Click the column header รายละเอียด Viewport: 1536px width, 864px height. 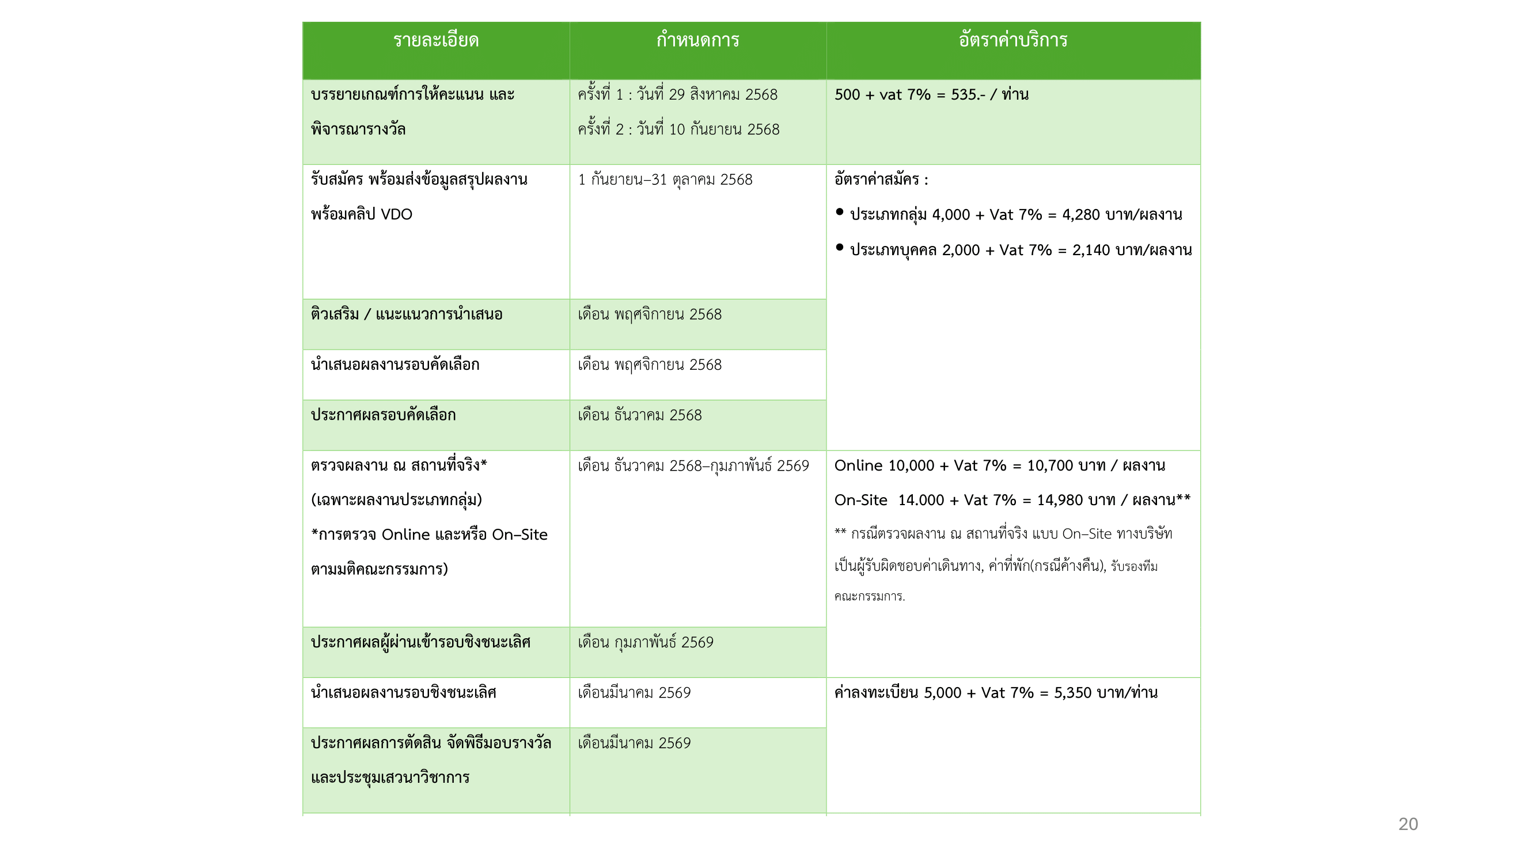click(x=435, y=40)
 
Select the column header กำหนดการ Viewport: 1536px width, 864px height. click(x=697, y=40)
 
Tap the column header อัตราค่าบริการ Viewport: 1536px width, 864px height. click(x=1012, y=40)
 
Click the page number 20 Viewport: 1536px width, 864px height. click(x=1408, y=824)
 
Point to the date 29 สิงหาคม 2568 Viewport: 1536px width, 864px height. click(x=723, y=95)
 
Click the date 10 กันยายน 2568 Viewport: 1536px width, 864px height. click(x=724, y=130)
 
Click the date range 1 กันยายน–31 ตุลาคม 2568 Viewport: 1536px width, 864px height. click(x=665, y=180)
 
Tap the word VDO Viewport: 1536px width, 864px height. click(x=396, y=215)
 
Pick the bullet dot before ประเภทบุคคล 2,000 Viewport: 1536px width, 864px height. click(x=840, y=247)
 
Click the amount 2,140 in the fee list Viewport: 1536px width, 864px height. click(x=1091, y=250)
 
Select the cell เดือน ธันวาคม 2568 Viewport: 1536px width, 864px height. click(x=639, y=415)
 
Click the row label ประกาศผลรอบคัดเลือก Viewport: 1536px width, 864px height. click(x=383, y=415)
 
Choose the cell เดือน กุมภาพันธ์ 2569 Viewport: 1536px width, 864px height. click(x=645, y=642)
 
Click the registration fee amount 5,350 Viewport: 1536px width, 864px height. click(x=1073, y=693)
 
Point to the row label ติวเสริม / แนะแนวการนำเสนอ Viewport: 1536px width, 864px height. click(x=406, y=314)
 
